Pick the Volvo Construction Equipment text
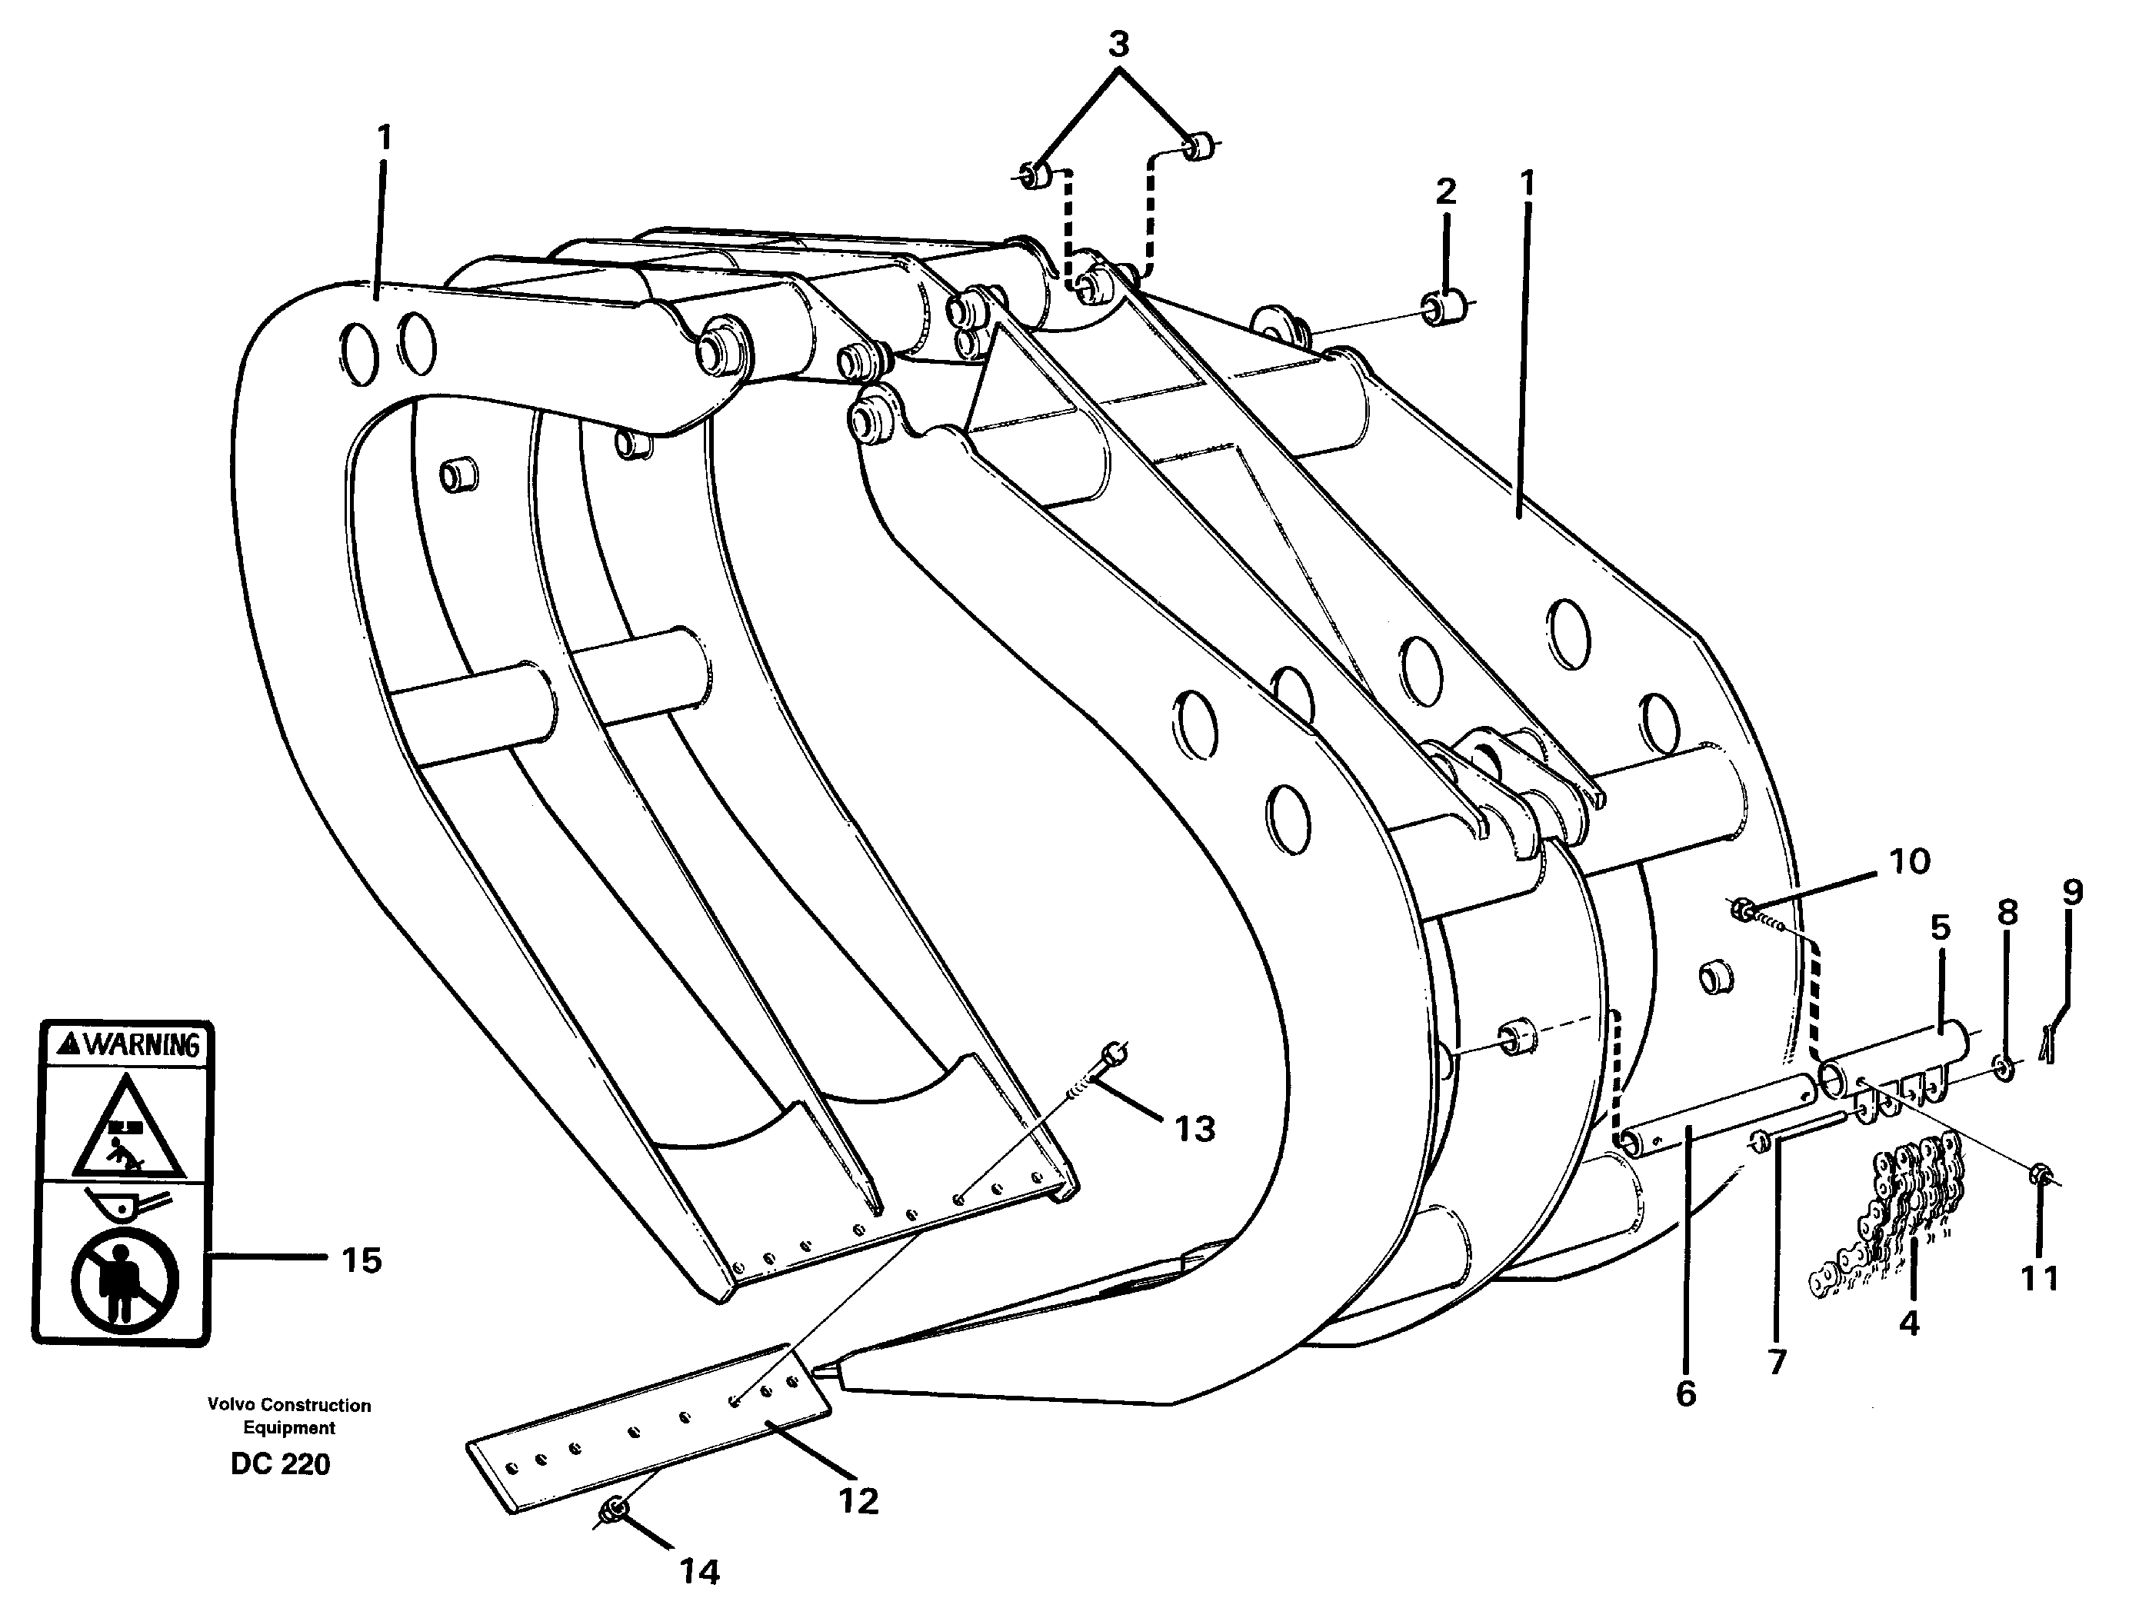[x=289, y=1417]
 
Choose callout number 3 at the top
[x=1118, y=45]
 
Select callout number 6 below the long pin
[x=1686, y=1393]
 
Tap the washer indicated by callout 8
[x=2004, y=1067]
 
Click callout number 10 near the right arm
[x=1908, y=860]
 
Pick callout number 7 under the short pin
[x=1777, y=1362]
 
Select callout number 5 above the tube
[x=1941, y=927]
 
